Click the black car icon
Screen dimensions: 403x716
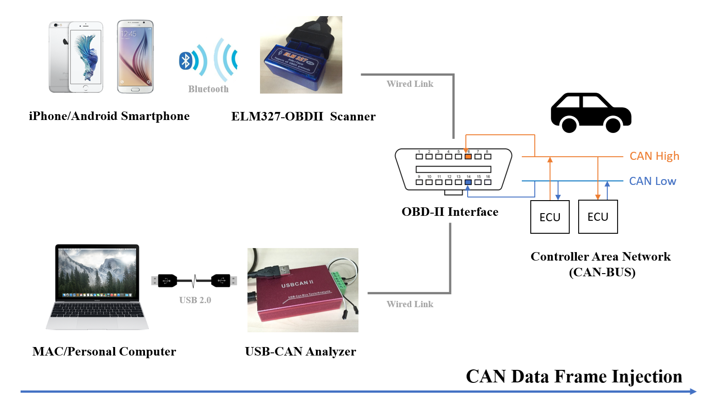click(x=591, y=113)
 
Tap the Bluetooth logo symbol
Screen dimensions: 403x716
click(x=186, y=60)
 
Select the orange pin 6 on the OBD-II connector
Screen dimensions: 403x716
click(x=468, y=156)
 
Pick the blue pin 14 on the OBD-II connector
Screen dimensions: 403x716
click(x=468, y=182)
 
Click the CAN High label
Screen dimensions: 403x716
click(x=654, y=156)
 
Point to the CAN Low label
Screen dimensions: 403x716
click(x=652, y=181)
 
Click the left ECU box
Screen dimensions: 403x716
click(x=550, y=217)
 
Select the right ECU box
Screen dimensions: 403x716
click(x=598, y=217)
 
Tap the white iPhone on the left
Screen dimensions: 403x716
click(x=76, y=57)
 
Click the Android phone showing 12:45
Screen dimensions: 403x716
click(x=135, y=56)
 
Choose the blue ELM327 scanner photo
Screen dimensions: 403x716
click(x=301, y=55)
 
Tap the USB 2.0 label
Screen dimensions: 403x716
click(x=195, y=300)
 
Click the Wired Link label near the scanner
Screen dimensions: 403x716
click(x=410, y=84)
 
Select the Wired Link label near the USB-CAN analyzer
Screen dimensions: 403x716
click(x=410, y=304)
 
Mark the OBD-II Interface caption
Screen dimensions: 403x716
click(x=450, y=212)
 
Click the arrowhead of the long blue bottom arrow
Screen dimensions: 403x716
click(x=693, y=391)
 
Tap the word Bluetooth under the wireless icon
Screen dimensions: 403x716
click(x=208, y=89)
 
